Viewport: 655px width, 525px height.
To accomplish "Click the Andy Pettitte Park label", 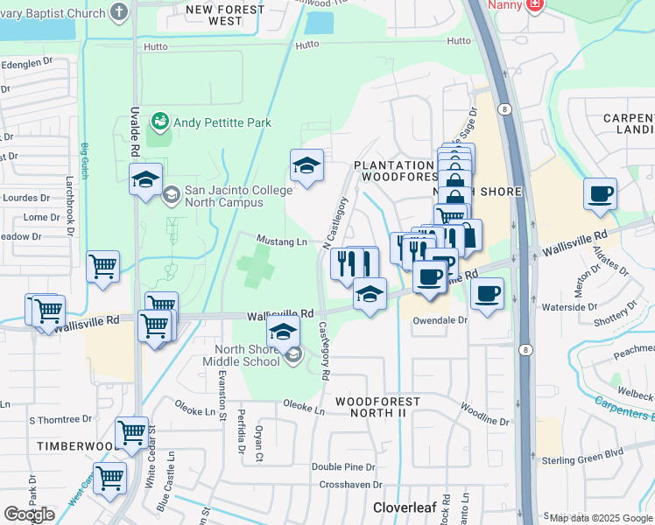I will pos(222,123).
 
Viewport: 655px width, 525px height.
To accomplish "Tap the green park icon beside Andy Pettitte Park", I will pos(159,121).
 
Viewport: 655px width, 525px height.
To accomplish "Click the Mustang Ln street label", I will pos(281,241).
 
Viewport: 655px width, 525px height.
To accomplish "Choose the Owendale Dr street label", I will pos(440,320).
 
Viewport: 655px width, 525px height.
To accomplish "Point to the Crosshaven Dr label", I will pos(347,485).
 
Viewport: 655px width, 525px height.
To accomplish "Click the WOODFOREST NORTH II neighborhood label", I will pos(378,407).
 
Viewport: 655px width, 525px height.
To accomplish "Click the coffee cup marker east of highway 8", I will pos(600,194).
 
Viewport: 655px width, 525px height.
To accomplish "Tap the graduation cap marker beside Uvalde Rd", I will pos(145,180).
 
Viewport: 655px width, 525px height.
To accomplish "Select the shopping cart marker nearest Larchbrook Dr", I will pos(102,266).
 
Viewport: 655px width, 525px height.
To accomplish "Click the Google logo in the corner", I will pos(29,514).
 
